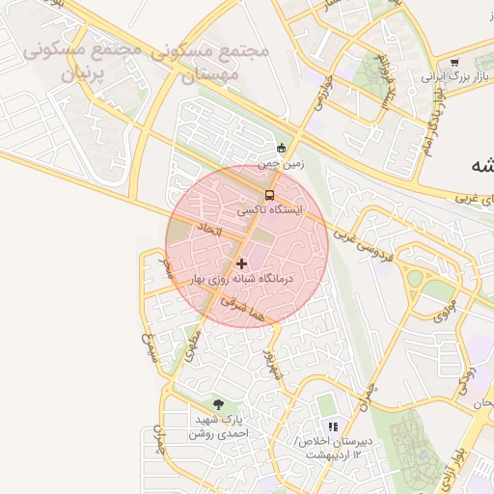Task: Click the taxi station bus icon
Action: (269, 195)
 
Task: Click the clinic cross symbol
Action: (241, 262)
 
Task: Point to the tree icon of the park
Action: (217, 405)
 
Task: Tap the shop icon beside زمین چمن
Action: (281, 148)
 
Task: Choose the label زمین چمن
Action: (281, 164)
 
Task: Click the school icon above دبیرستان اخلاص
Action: (333, 426)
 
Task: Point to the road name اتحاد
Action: (209, 230)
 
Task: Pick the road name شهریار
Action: (272, 364)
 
